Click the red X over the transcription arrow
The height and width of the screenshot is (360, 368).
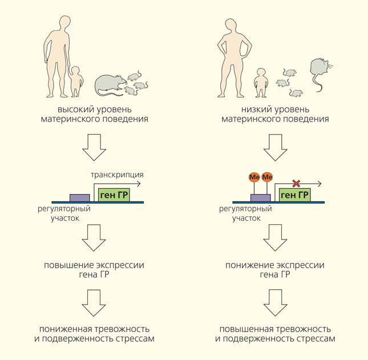tap(296, 183)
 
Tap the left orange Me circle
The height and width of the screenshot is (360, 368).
tap(254, 177)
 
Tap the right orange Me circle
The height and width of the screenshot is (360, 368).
tap(268, 177)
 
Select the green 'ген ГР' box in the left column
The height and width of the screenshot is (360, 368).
tap(114, 195)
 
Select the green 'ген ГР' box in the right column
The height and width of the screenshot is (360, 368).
tap(296, 195)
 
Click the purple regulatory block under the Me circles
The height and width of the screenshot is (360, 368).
tap(261, 197)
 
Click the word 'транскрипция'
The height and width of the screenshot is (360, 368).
tap(117, 174)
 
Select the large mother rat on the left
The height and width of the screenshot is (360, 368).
tap(110, 84)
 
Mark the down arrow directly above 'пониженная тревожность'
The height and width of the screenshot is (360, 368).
tap(94, 304)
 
